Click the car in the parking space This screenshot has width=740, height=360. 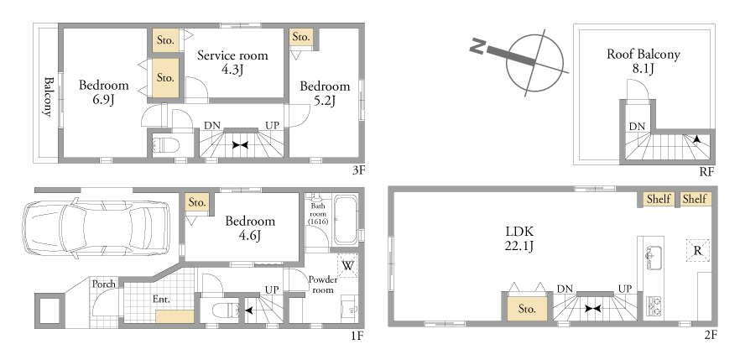click(96, 228)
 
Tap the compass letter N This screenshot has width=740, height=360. click(477, 47)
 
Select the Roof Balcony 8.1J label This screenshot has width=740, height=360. click(644, 61)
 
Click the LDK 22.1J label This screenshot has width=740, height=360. click(519, 238)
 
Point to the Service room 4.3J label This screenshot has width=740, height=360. click(232, 62)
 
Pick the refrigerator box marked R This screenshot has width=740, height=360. click(698, 251)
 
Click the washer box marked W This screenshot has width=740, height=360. click(348, 265)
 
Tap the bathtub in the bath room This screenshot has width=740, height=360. click(346, 221)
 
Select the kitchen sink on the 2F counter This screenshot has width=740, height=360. click(654, 258)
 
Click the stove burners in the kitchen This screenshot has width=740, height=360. click(654, 305)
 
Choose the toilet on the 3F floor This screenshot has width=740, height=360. click(166, 145)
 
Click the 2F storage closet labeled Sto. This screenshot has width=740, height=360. click(527, 309)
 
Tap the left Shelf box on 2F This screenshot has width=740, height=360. click(659, 199)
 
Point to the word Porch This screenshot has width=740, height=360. click(104, 284)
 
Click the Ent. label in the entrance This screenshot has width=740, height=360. click(161, 299)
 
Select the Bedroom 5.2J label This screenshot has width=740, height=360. click(325, 93)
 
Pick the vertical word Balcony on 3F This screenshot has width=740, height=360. click(48, 97)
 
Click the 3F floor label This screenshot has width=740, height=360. click(358, 170)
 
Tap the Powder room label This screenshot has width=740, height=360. click(323, 284)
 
